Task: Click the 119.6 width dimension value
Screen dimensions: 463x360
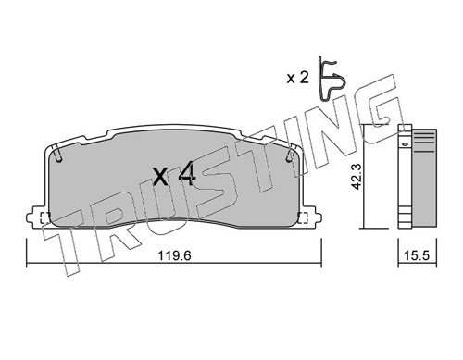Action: (x=175, y=255)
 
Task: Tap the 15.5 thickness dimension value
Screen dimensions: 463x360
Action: (x=418, y=255)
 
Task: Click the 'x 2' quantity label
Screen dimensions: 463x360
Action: (x=297, y=78)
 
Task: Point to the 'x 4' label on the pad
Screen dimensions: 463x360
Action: (x=175, y=176)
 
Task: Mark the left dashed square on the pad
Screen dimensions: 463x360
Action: (x=45, y=217)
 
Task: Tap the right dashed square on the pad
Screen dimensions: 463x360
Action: (x=303, y=217)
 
